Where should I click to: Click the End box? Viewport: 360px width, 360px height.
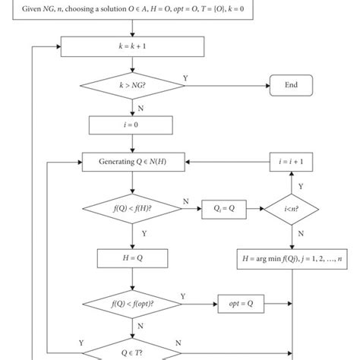tap(292, 86)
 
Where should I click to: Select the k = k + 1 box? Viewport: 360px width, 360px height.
tap(133, 47)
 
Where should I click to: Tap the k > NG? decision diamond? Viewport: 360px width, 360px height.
tap(133, 86)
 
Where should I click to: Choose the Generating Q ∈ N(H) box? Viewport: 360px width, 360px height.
tap(133, 162)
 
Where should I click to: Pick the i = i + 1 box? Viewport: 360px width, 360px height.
tap(292, 162)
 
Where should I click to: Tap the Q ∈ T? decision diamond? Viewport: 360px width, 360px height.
tap(133, 350)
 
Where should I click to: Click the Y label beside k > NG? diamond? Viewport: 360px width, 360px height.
tap(186, 78)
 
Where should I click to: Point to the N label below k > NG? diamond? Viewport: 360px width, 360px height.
tap(140, 107)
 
